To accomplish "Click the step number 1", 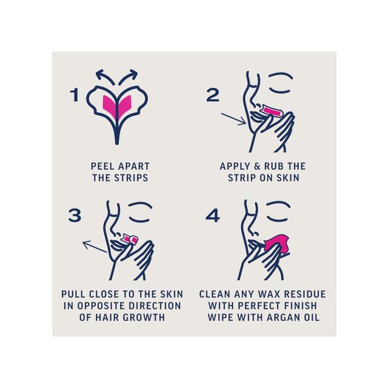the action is pyautogui.click(x=75, y=95).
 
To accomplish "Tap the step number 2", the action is pyautogui.click(x=213, y=95).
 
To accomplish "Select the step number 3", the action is pyautogui.click(x=75, y=215).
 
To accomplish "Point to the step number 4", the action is pyautogui.click(x=213, y=215).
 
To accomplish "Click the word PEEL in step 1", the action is pyautogui.click(x=100, y=166).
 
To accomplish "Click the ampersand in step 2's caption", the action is pyautogui.click(x=257, y=166).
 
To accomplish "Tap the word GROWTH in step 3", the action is pyautogui.click(x=144, y=318).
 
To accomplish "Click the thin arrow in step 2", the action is pyautogui.click(x=233, y=119).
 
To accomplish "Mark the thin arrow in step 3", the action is pyautogui.click(x=95, y=247).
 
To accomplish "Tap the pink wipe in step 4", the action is pyautogui.click(x=276, y=244).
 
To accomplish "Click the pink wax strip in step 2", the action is pyautogui.click(x=272, y=111).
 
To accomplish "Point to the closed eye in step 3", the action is pyautogui.click(x=139, y=219).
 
